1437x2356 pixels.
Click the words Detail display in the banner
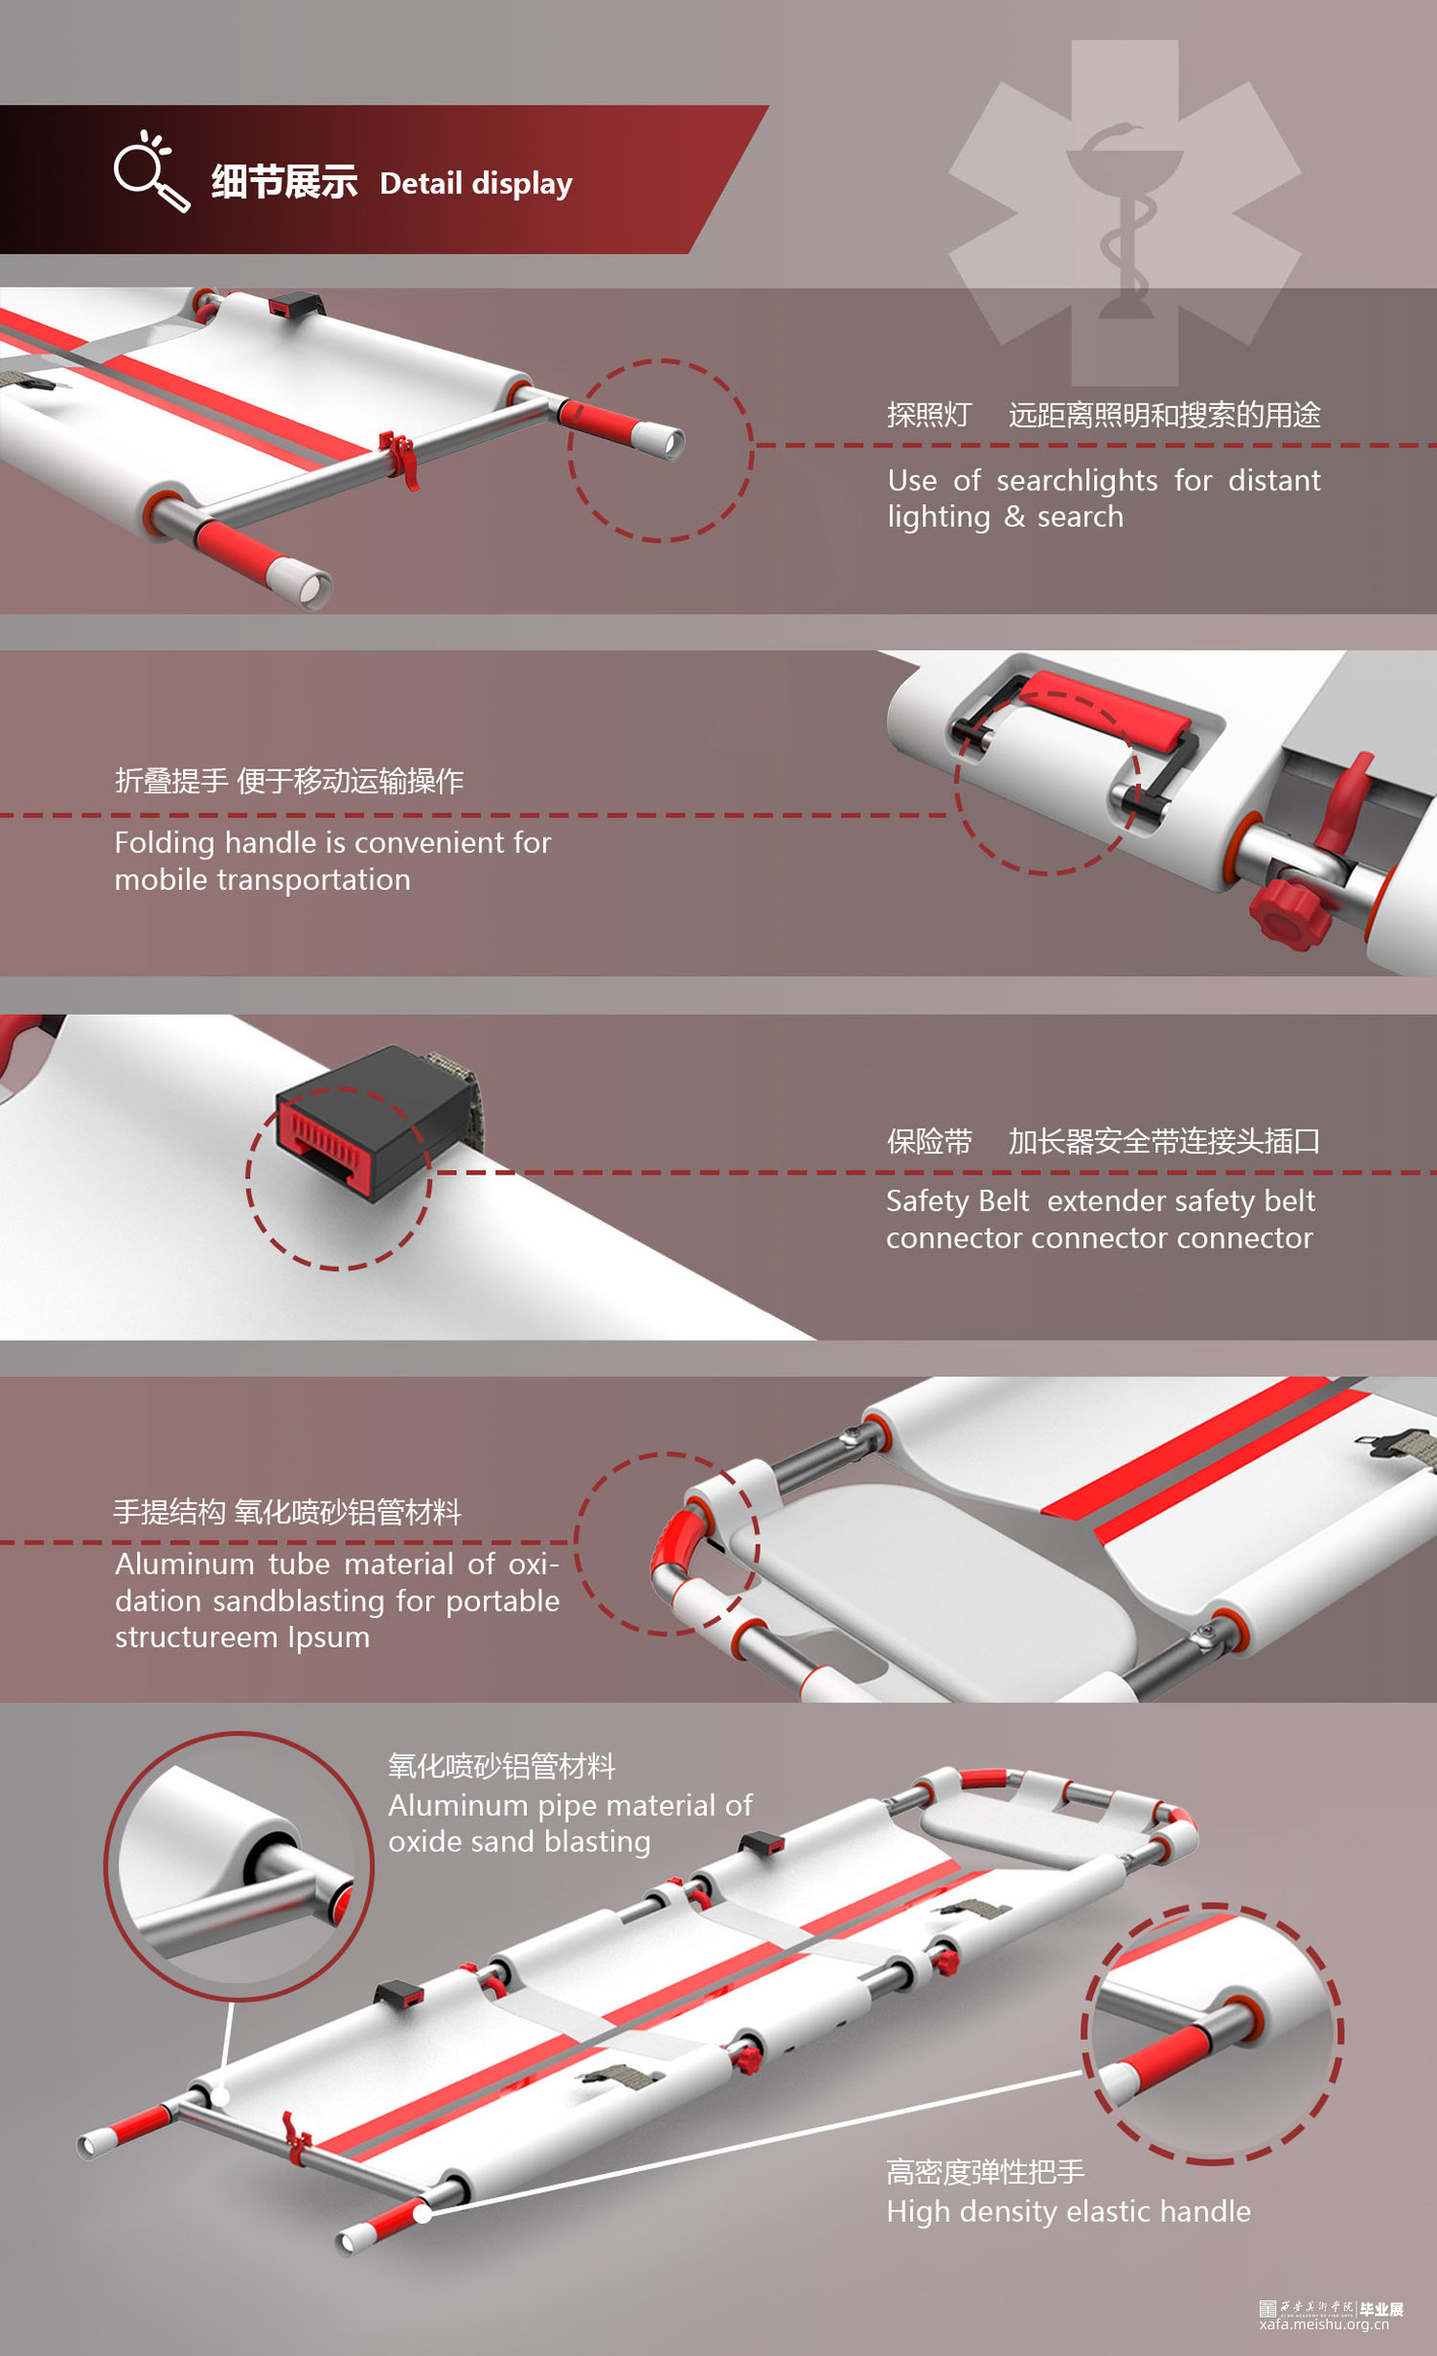pyautogui.click(x=476, y=183)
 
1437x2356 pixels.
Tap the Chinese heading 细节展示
pyautogui.click(x=284, y=182)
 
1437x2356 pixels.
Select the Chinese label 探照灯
pyautogui.click(x=928, y=415)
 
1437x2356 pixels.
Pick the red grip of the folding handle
pyautogui.click(x=1106, y=711)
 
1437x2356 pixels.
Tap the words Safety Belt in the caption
pyautogui.click(x=957, y=1201)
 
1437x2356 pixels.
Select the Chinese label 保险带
pyautogui.click(x=928, y=1141)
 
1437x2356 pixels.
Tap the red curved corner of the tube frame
pyautogui.click(x=674, y=1542)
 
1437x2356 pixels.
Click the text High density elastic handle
pyautogui.click(x=1068, y=2211)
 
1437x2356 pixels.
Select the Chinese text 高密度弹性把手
pyautogui.click(x=985, y=2172)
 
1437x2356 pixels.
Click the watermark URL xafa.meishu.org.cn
pyautogui.click(x=1324, y=2324)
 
